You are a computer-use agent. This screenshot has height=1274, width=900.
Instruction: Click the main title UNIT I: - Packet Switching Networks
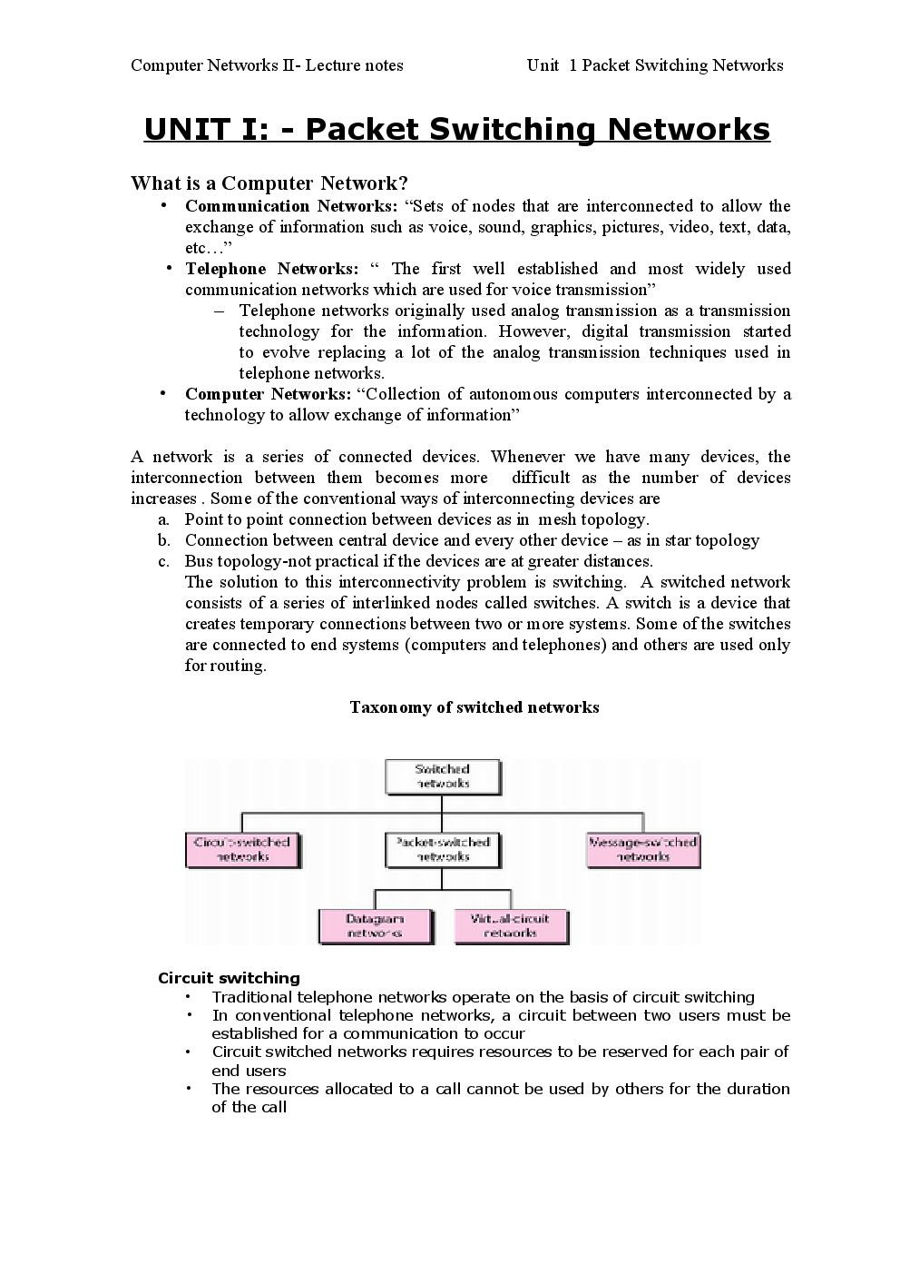[456, 130]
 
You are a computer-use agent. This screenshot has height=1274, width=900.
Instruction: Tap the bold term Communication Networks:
[291, 206]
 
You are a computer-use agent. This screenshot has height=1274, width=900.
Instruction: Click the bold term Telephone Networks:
[271, 269]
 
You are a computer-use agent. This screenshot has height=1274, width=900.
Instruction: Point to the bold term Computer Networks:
[268, 394]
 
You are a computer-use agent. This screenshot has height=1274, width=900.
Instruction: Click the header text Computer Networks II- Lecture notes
[267, 65]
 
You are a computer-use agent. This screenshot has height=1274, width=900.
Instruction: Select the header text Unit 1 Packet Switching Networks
[654, 65]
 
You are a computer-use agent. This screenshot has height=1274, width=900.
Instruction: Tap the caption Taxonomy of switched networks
[474, 707]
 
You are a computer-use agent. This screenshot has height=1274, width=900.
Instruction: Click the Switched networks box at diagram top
[442, 776]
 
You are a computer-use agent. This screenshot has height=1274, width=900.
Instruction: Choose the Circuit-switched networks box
[242, 850]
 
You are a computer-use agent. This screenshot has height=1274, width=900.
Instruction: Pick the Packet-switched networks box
[442, 850]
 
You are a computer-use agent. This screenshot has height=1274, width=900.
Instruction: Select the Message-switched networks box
[642, 850]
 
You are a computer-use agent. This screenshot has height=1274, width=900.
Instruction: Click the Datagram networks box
[375, 926]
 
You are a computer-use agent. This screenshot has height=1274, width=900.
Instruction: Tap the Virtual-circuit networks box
[510, 926]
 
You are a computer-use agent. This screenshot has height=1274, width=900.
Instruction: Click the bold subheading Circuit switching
[229, 978]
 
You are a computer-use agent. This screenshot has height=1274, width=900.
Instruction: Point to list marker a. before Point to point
[164, 519]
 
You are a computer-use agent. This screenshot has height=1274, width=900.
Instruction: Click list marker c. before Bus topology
[164, 561]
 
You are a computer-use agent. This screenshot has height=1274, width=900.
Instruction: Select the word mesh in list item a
[557, 519]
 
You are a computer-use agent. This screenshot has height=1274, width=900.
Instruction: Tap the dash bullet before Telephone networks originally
[220, 311]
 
